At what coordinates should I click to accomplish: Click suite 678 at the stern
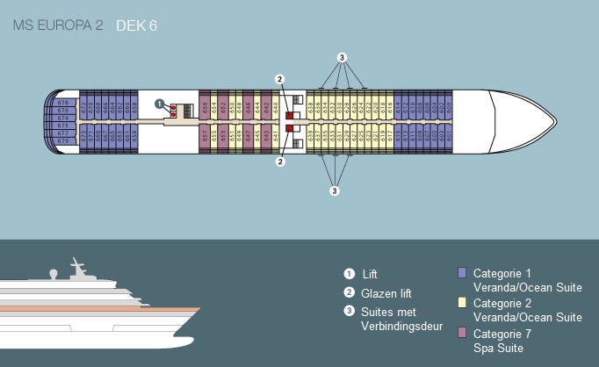click(62, 104)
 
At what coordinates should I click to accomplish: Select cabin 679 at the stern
click(62, 140)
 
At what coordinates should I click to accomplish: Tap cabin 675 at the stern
click(62, 126)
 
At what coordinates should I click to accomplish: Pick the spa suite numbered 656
click(205, 106)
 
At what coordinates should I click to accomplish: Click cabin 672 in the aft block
click(84, 106)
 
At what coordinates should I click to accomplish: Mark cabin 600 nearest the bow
click(449, 106)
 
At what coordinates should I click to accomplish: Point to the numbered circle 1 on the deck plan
click(159, 104)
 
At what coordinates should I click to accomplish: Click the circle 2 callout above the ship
click(279, 79)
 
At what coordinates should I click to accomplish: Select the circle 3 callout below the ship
click(335, 190)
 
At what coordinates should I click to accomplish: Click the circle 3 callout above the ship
click(343, 57)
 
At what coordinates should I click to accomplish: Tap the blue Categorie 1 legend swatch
click(462, 273)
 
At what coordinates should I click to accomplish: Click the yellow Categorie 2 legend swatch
click(462, 303)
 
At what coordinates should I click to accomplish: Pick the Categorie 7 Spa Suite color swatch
click(462, 333)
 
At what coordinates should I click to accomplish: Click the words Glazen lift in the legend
click(387, 293)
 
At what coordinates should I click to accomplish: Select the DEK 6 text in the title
click(136, 25)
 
